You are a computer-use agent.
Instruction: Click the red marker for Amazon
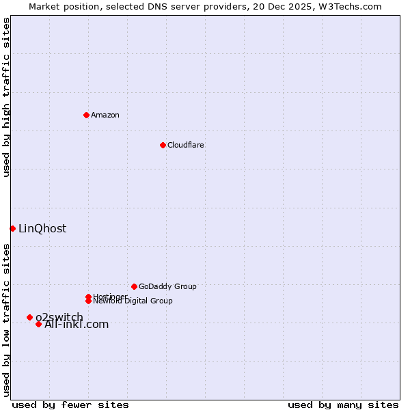click(86, 115)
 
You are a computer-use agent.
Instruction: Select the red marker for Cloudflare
click(163, 145)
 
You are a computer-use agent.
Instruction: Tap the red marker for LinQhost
click(12, 228)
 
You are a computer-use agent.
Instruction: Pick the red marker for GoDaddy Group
click(134, 286)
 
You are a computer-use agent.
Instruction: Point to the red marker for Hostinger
click(88, 297)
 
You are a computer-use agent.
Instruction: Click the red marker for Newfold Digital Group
click(88, 301)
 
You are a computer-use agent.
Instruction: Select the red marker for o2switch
click(29, 317)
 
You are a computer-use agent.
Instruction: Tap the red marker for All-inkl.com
click(38, 324)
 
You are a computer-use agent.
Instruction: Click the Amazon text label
click(105, 115)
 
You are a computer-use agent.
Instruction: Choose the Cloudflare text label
click(186, 145)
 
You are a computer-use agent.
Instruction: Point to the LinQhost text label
click(42, 228)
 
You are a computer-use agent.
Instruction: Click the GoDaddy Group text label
click(167, 286)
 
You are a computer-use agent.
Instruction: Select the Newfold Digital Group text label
click(133, 301)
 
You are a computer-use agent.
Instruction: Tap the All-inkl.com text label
click(77, 325)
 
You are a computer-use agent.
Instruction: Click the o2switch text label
click(60, 316)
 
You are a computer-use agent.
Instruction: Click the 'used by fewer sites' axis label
click(70, 405)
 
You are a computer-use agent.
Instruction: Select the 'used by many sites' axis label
click(343, 405)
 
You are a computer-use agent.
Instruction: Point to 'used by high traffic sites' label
click(6, 97)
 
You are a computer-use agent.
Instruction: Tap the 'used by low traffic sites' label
click(6, 319)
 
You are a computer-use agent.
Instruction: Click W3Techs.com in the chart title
click(347, 6)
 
